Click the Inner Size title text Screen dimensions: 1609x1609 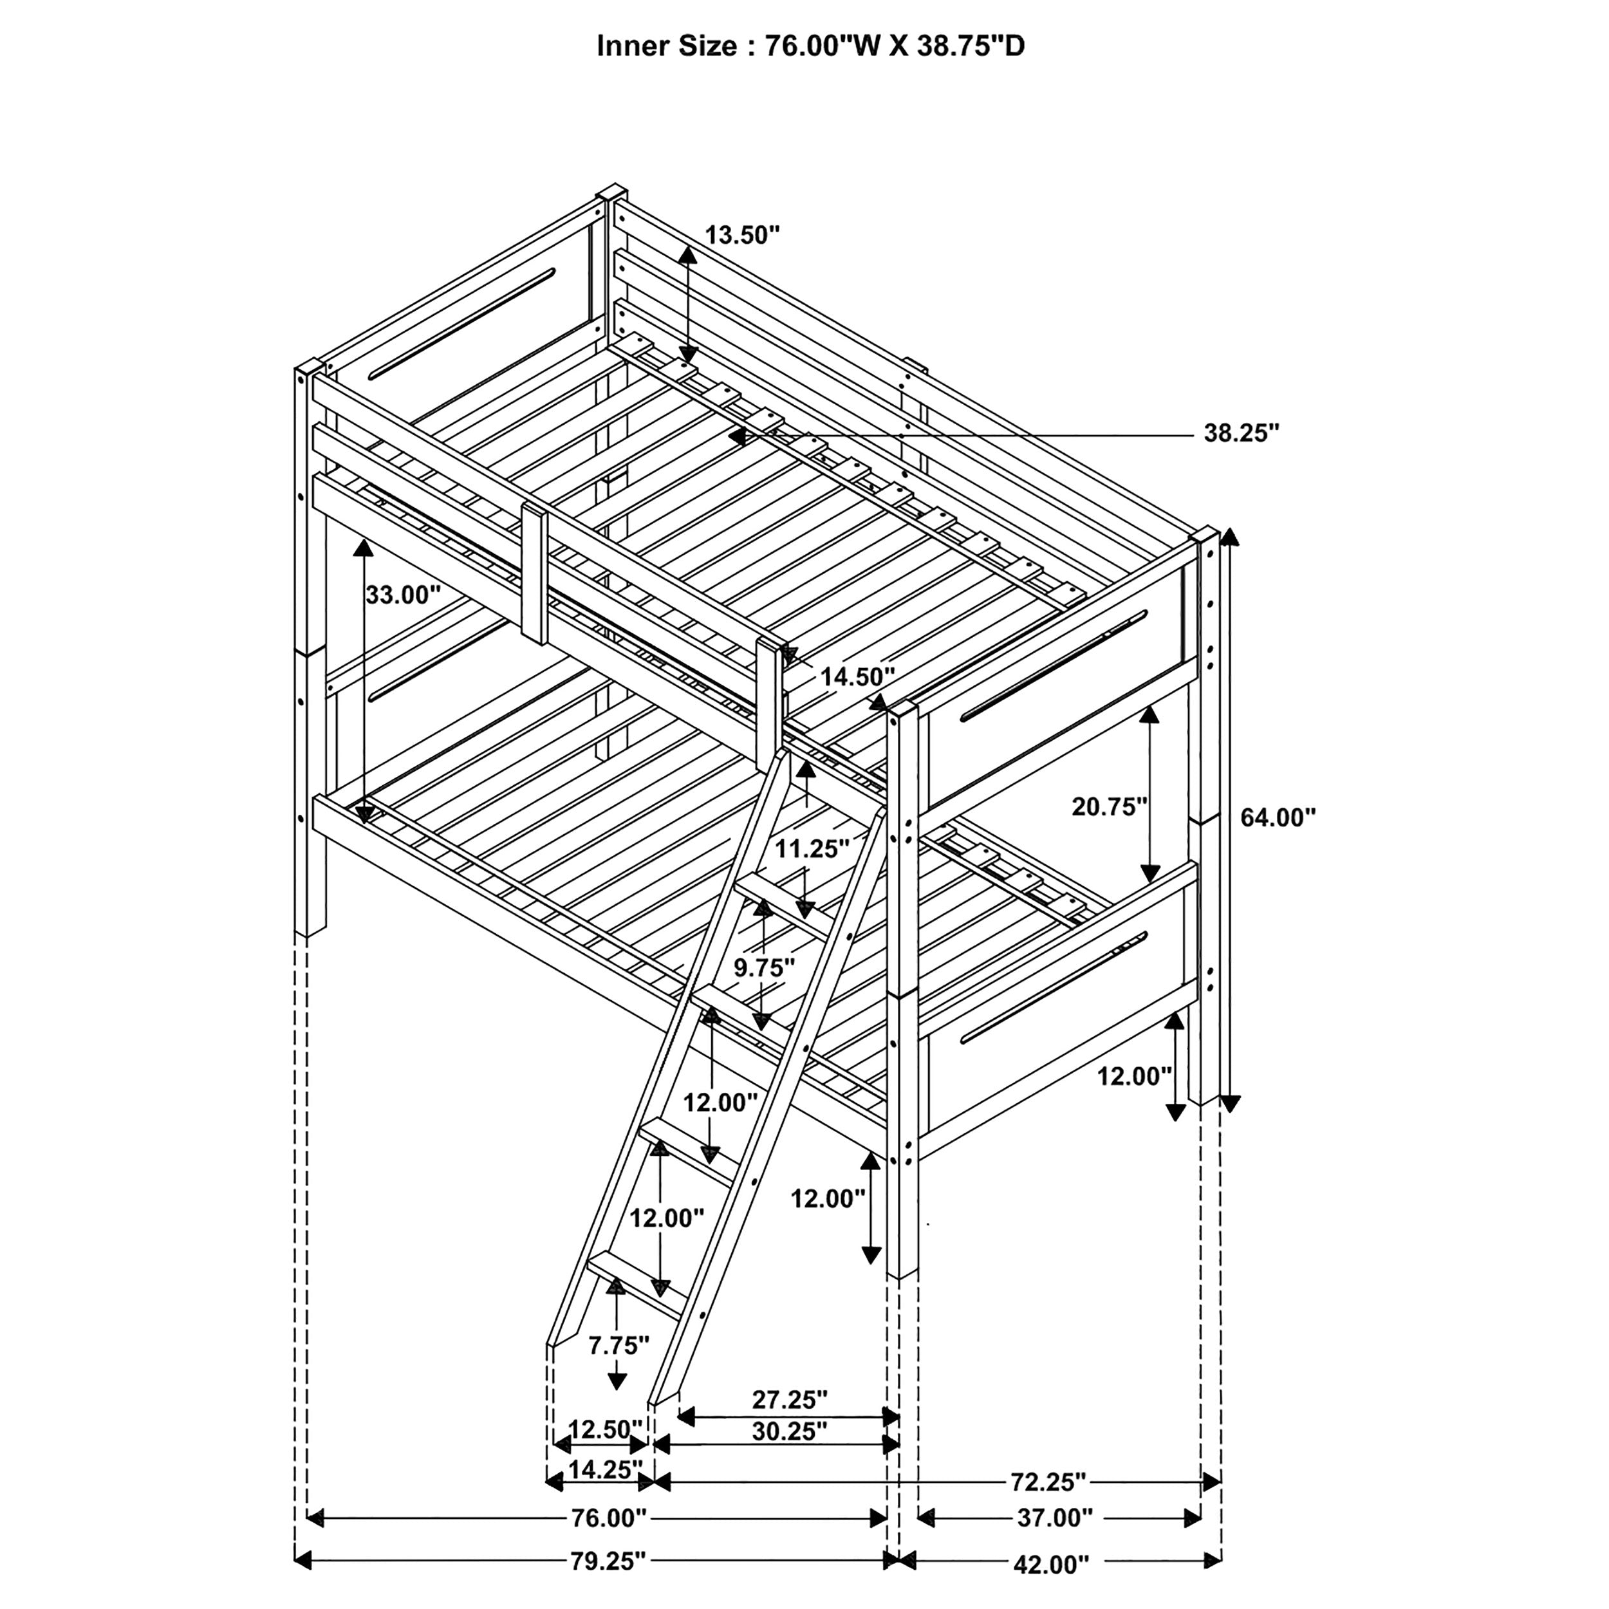pyautogui.click(x=810, y=46)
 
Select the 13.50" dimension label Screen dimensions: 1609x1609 pyautogui.click(x=742, y=235)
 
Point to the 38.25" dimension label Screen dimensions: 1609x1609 pyautogui.click(x=1241, y=432)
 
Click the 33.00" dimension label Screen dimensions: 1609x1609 pyautogui.click(x=403, y=594)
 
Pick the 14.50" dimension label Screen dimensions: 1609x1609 pyautogui.click(x=857, y=676)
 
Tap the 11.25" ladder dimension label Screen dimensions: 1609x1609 pyautogui.click(x=812, y=849)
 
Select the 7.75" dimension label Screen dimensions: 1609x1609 pyautogui.click(x=618, y=1368)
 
